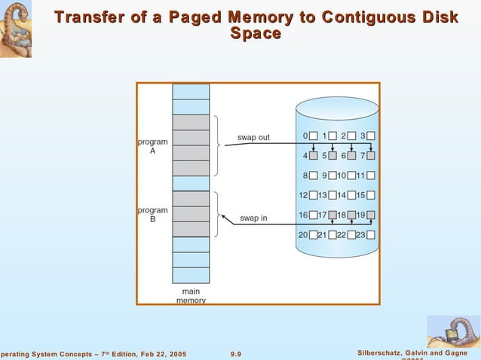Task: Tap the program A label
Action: (152, 146)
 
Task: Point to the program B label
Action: (152, 215)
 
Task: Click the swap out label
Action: (253, 138)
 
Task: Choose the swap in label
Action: (253, 218)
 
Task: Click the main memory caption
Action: (191, 296)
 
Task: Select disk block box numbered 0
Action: (314, 136)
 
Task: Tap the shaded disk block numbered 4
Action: (314, 156)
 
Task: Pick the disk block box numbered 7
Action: (370, 156)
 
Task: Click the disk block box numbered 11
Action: (370, 175)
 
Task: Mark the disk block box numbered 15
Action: (370, 195)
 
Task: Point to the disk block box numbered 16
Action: (314, 215)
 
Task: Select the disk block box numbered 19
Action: (370, 215)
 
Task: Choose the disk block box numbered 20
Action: (314, 234)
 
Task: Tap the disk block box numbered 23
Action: (370, 234)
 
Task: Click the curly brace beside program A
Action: (216, 145)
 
